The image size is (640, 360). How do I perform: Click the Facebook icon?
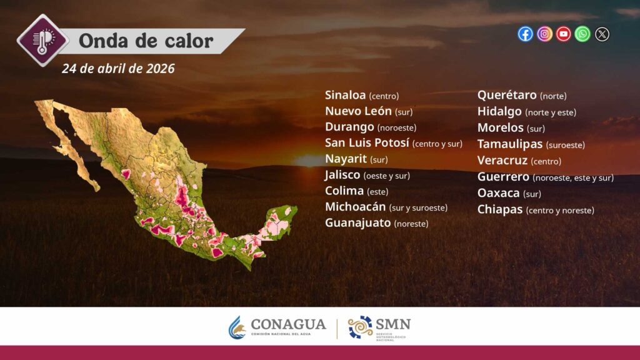click(525, 34)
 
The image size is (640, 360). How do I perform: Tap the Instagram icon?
click(544, 34)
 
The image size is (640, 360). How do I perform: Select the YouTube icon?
click(564, 34)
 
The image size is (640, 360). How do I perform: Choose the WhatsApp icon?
click(582, 34)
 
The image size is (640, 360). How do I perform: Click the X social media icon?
click(602, 34)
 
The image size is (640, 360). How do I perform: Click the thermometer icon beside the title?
click(42, 41)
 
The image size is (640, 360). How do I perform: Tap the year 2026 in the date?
click(161, 68)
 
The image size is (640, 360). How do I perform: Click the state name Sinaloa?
click(345, 95)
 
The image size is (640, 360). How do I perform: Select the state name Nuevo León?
click(358, 111)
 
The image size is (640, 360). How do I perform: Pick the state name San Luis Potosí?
click(367, 143)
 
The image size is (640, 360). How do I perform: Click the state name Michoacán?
click(356, 207)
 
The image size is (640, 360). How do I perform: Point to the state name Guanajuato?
click(358, 223)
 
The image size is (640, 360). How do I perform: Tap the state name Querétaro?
click(507, 95)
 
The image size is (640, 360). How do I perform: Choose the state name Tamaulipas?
click(510, 144)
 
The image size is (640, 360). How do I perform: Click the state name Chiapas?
click(500, 209)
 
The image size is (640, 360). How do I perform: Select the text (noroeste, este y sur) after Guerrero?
click(573, 177)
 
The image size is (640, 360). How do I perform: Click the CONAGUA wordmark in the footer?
click(288, 324)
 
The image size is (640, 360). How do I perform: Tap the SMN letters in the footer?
click(392, 324)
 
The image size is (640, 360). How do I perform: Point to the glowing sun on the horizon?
click(309, 161)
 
